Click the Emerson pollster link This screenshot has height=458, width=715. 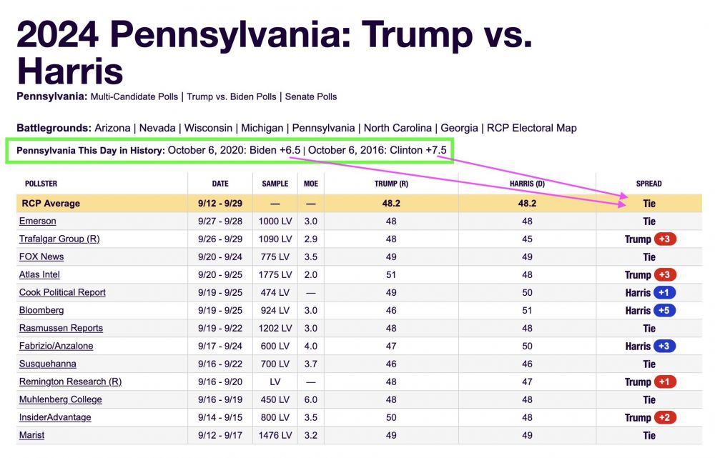pos(37,221)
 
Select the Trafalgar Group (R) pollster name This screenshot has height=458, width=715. pos(59,239)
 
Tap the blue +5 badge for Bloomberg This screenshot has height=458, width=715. pos(664,311)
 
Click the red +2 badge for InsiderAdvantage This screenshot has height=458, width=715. pos(664,418)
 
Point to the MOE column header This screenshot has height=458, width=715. pos(311,184)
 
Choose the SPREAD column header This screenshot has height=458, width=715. pos(649,184)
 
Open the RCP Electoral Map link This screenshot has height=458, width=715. pos(531,129)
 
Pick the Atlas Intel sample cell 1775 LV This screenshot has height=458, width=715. pos(275,275)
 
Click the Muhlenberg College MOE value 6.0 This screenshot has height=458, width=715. pos(311,400)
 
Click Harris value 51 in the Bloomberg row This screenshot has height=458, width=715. pos(527,311)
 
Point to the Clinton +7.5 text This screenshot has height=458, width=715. pos(418,151)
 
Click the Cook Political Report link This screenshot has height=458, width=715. pos(62,293)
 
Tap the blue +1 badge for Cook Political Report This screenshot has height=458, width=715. pos(664,293)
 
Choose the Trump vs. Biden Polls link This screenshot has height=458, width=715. pos(232,96)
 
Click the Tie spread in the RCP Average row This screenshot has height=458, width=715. pos(649,204)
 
